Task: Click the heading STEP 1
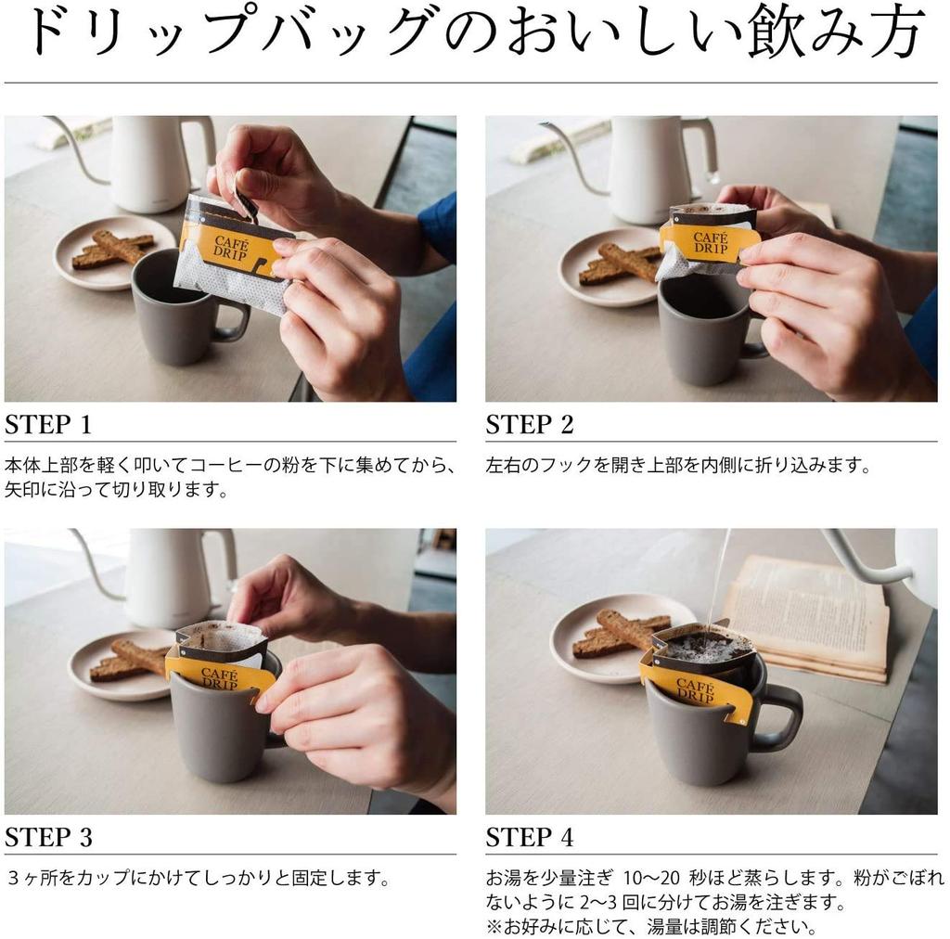(x=48, y=424)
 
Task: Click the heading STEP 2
(x=529, y=424)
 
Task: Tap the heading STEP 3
(x=48, y=837)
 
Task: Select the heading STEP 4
(x=529, y=837)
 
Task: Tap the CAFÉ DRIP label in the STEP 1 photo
(x=231, y=249)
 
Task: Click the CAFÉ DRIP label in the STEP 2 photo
(x=711, y=242)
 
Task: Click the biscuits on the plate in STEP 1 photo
(x=113, y=249)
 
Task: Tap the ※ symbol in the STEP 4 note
(x=494, y=926)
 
